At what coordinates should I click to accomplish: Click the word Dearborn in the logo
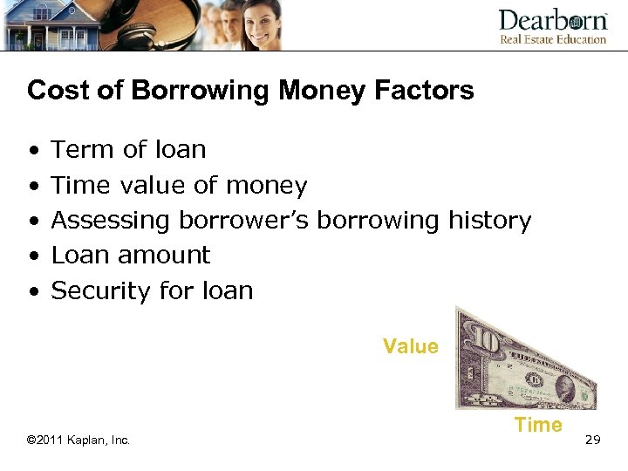[x=552, y=21]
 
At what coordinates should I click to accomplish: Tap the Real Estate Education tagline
[x=552, y=39]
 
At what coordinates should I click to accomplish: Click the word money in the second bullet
[x=266, y=186]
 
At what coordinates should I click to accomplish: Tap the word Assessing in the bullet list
[x=111, y=221]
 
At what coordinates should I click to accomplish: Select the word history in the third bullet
[x=489, y=221]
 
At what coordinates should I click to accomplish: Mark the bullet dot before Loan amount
[x=32, y=256]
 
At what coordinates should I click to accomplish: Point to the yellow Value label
[x=410, y=346]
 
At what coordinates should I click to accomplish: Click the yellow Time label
[x=538, y=425]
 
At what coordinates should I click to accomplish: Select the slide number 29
[x=593, y=440]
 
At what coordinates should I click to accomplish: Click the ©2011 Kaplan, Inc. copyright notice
[x=78, y=440]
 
